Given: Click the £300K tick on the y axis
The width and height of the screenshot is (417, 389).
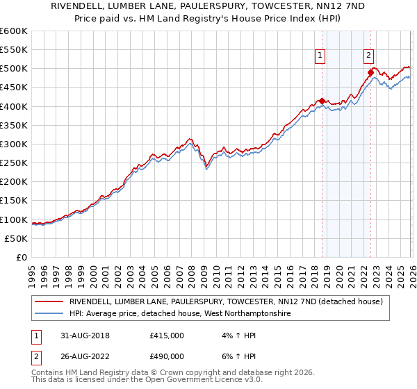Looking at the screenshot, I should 14,144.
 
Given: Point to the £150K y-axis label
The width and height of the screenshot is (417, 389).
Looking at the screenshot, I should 14,201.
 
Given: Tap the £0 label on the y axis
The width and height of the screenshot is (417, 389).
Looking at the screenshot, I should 21,258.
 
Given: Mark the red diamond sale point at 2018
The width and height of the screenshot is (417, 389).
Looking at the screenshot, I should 322,101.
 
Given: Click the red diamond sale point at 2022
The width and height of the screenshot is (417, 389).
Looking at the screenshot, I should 370,72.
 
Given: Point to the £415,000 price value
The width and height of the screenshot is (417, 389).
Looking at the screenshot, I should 167,335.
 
